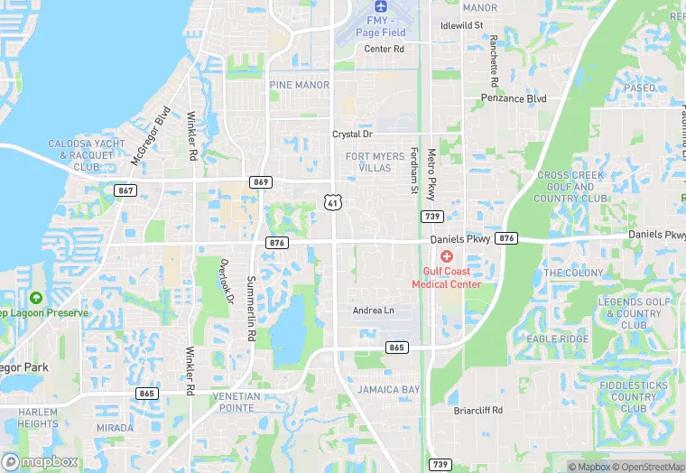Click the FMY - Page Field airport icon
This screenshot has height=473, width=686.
377,6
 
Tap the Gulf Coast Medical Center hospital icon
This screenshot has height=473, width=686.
446,256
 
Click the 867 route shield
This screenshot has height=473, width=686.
125,190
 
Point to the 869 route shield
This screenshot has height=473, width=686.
262,182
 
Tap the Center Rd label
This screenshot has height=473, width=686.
384,49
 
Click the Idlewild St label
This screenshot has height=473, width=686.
462,25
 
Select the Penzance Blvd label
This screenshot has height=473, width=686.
514,97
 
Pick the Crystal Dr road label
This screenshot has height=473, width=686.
352,134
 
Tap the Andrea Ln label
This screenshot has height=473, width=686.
373,311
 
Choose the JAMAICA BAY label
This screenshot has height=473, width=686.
388,390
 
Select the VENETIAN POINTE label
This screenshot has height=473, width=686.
236,402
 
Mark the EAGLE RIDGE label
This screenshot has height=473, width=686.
558,339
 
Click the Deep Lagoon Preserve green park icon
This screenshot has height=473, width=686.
36,298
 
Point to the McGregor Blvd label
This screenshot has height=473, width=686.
150,135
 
